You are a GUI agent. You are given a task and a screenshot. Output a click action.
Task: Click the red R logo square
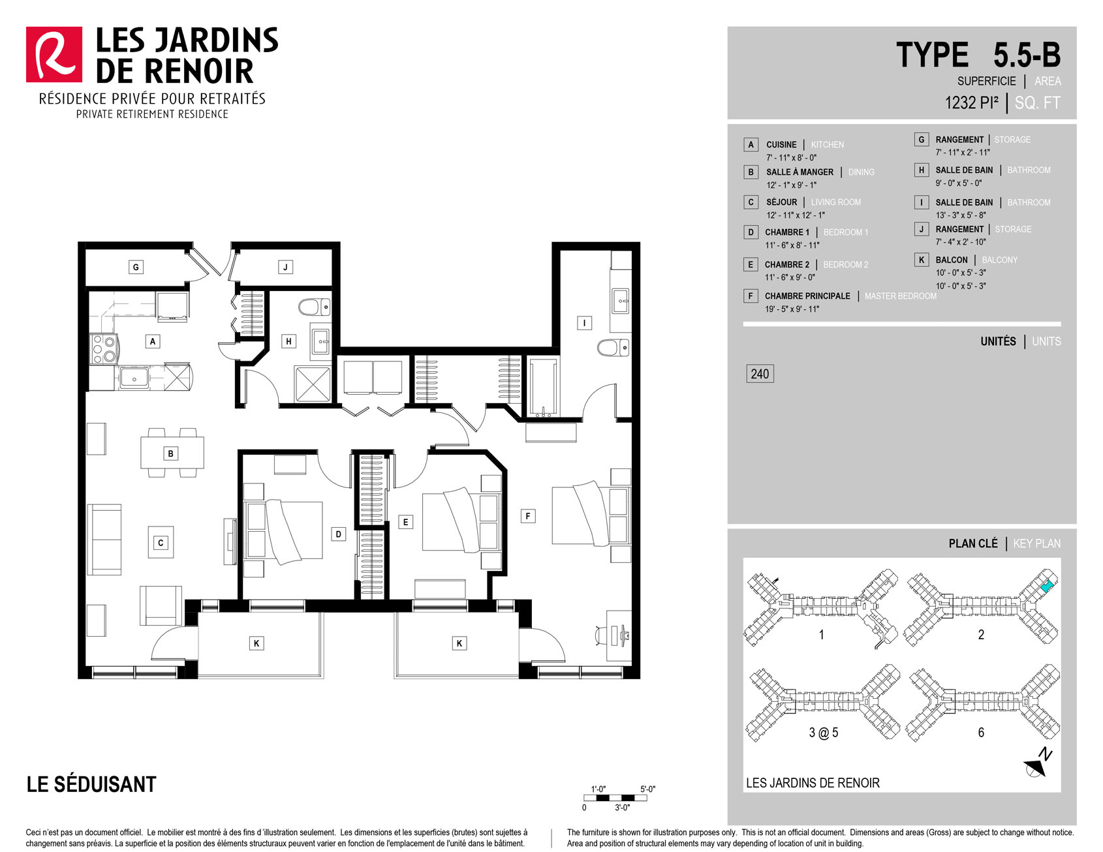point(54,55)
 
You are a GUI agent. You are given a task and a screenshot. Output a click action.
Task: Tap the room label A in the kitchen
point(153,341)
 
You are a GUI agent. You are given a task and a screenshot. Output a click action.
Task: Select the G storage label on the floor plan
point(136,267)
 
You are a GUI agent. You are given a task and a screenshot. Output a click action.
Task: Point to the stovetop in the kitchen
point(104,348)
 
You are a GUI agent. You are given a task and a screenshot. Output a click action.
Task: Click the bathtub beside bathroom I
point(543,388)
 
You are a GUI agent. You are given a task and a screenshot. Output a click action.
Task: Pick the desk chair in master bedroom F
point(601,634)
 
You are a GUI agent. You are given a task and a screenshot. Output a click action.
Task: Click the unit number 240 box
point(760,374)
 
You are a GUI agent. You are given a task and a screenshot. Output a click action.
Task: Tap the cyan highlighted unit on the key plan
point(1046,586)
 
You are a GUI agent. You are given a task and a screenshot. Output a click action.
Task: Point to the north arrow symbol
point(1039,763)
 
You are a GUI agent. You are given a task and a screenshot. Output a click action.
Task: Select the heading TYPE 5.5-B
point(978,55)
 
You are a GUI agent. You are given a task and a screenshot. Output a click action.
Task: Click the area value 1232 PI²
point(972,102)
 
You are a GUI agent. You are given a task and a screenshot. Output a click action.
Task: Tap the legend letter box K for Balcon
point(922,260)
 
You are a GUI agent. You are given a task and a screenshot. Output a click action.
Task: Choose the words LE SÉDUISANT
point(91,784)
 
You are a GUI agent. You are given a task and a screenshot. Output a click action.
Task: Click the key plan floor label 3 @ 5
point(824,733)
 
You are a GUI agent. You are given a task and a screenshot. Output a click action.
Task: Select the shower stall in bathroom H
point(313,384)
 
